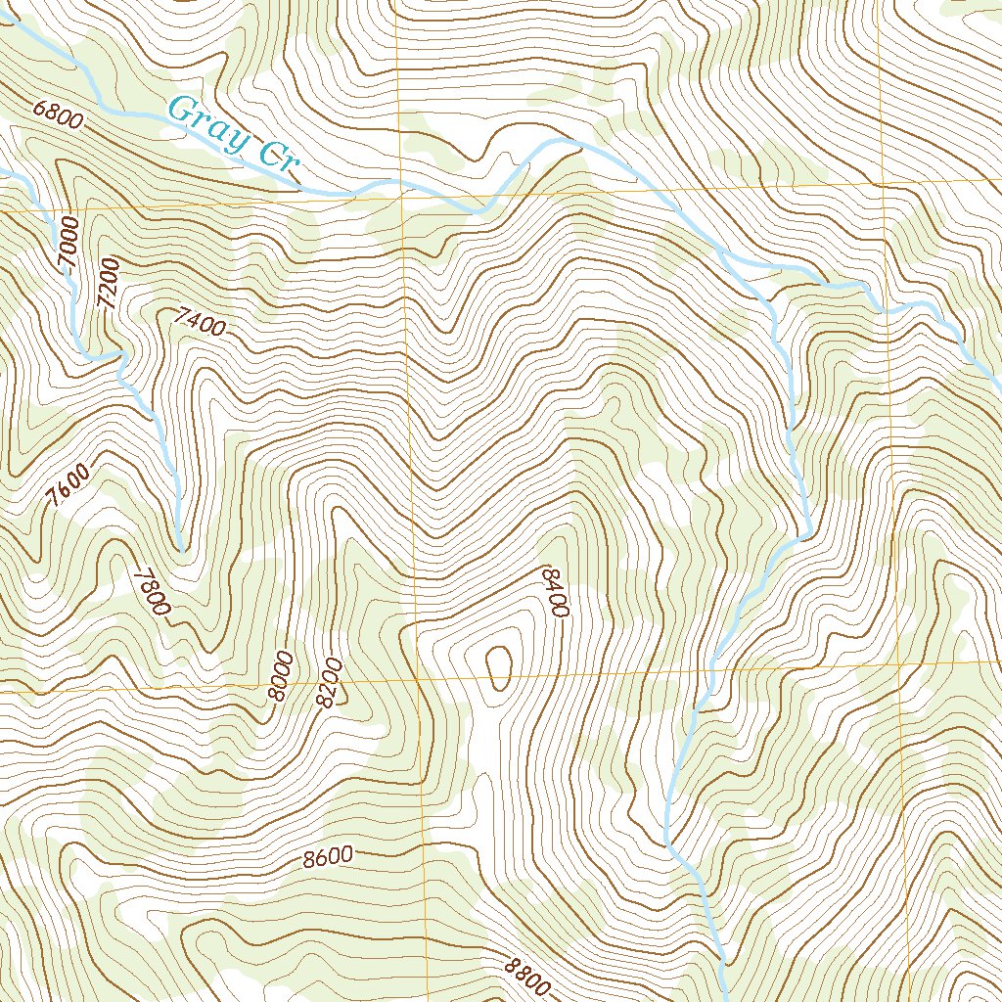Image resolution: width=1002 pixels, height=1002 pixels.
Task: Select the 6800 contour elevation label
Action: pyautogui.click(x=56, y=115)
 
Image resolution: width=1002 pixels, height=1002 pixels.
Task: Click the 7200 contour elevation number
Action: pyautogui.click(x=109, y=284)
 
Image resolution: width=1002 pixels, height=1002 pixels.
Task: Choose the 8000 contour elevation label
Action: pyautogui.click(x=281, y=674)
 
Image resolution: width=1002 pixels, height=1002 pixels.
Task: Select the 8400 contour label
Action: pyautogui.click(x=554, y=591)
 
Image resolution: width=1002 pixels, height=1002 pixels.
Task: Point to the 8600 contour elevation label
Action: pyautogui.click(x=327, y=858)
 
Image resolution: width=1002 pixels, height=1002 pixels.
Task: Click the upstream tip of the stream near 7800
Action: pyautogui.click(x=182, y=551)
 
